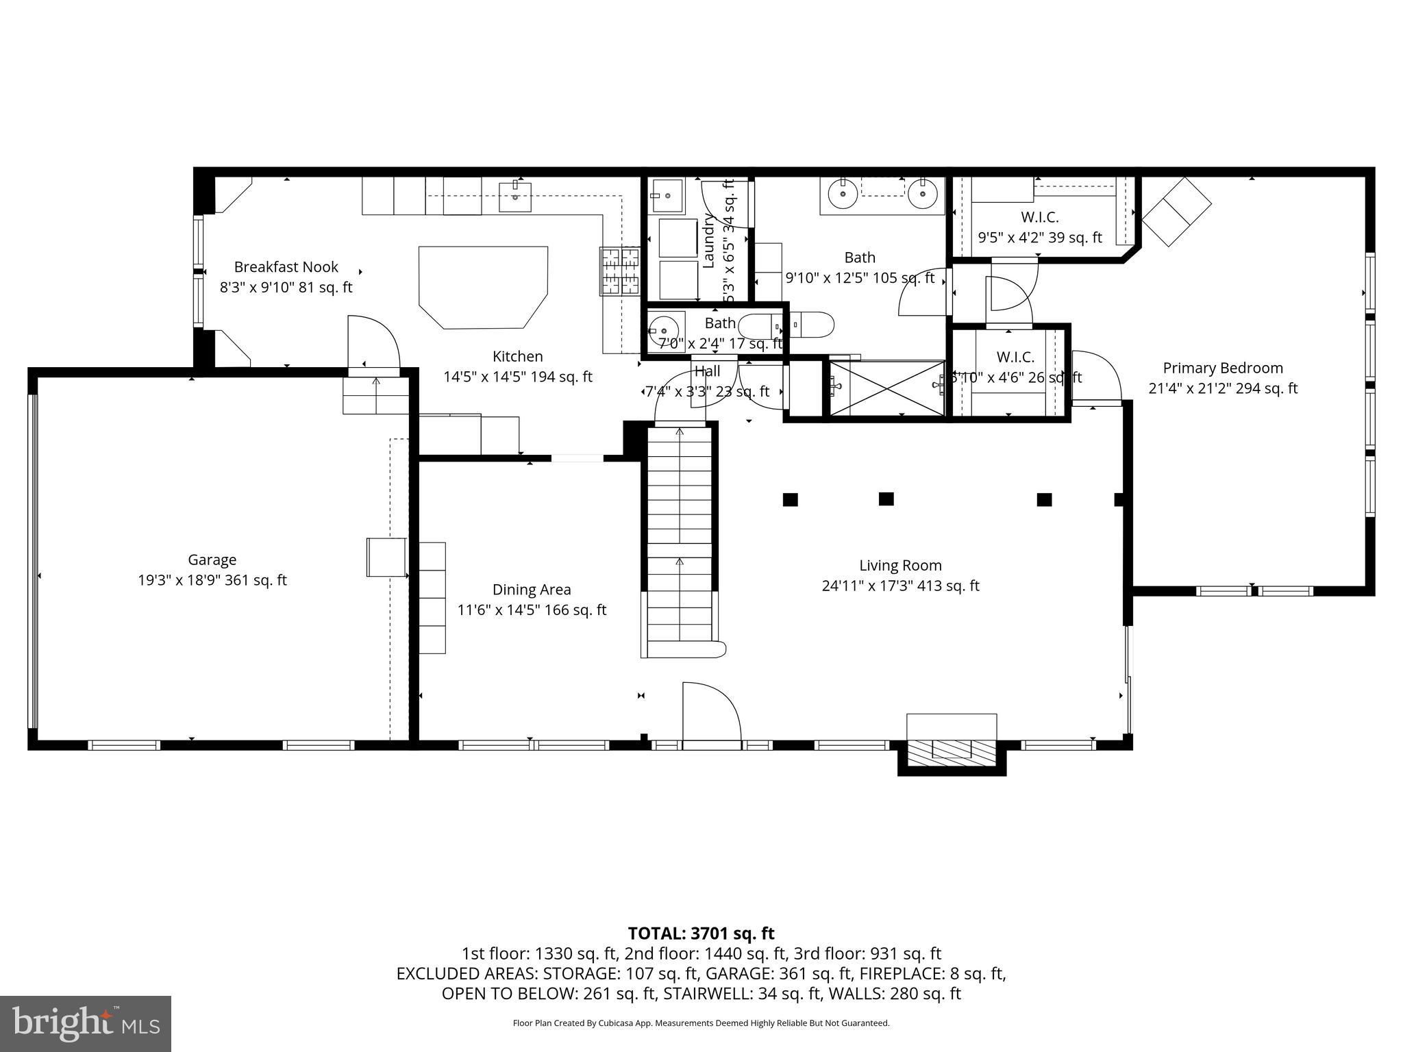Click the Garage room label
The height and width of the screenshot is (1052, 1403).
212,560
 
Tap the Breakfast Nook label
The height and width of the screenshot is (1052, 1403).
286,267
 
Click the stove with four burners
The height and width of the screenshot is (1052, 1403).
620,271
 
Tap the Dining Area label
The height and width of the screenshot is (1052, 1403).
531,590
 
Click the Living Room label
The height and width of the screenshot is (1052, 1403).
900,566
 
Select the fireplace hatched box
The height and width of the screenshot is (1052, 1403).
951,752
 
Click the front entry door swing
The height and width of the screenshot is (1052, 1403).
710,712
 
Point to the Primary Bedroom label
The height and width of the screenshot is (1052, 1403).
1222,368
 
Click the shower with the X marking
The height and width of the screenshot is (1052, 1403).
887,389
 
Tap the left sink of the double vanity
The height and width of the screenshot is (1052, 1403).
842,195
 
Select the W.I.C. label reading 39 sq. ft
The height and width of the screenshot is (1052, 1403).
1039,218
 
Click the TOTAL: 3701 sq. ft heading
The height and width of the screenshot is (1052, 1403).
701,933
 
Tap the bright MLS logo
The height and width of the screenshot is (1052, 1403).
86,1023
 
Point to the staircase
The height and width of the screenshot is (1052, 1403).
680,534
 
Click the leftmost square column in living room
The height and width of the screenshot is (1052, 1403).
790,499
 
